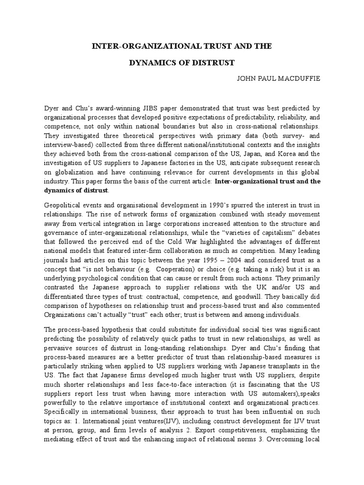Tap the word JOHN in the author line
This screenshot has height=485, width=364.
247,78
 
